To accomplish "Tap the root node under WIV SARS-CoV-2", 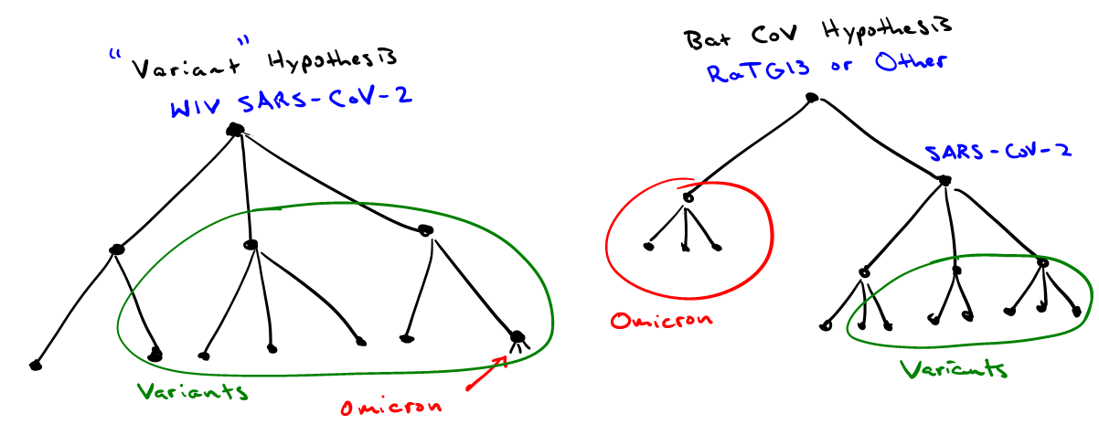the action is tap(236, 131).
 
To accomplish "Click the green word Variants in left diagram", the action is tap(192, 392).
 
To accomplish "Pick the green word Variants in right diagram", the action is tap(954, 369).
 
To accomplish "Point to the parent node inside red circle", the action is tap(687, 197).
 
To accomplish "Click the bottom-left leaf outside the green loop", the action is tap(36, 365).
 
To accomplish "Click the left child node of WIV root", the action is tap(116, 249).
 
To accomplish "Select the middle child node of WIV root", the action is tap(250, 244).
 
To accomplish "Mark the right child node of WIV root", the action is tap(424, 230).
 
